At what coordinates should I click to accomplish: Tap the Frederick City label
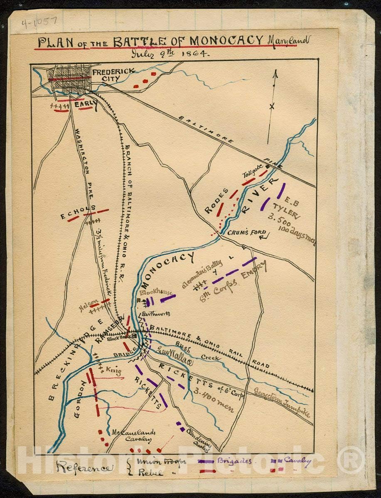click(x=113, y=75)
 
